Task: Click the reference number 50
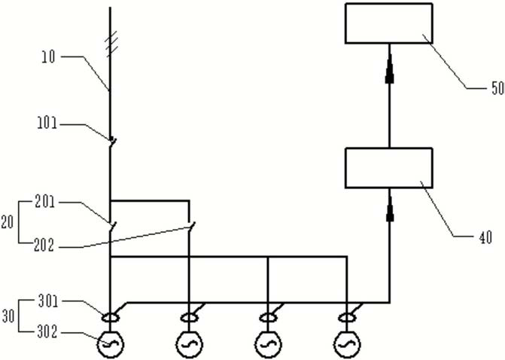coord(497,88)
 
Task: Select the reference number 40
coord(485,238)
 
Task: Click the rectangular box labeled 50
coord(388,23)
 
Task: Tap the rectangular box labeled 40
coord(388,167)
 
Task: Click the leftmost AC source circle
coord(111,344)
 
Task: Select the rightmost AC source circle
coord(346,344)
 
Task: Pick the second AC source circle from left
coord(189,344)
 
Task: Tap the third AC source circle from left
coord(268,344)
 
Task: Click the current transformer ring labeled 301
coord(111,318)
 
